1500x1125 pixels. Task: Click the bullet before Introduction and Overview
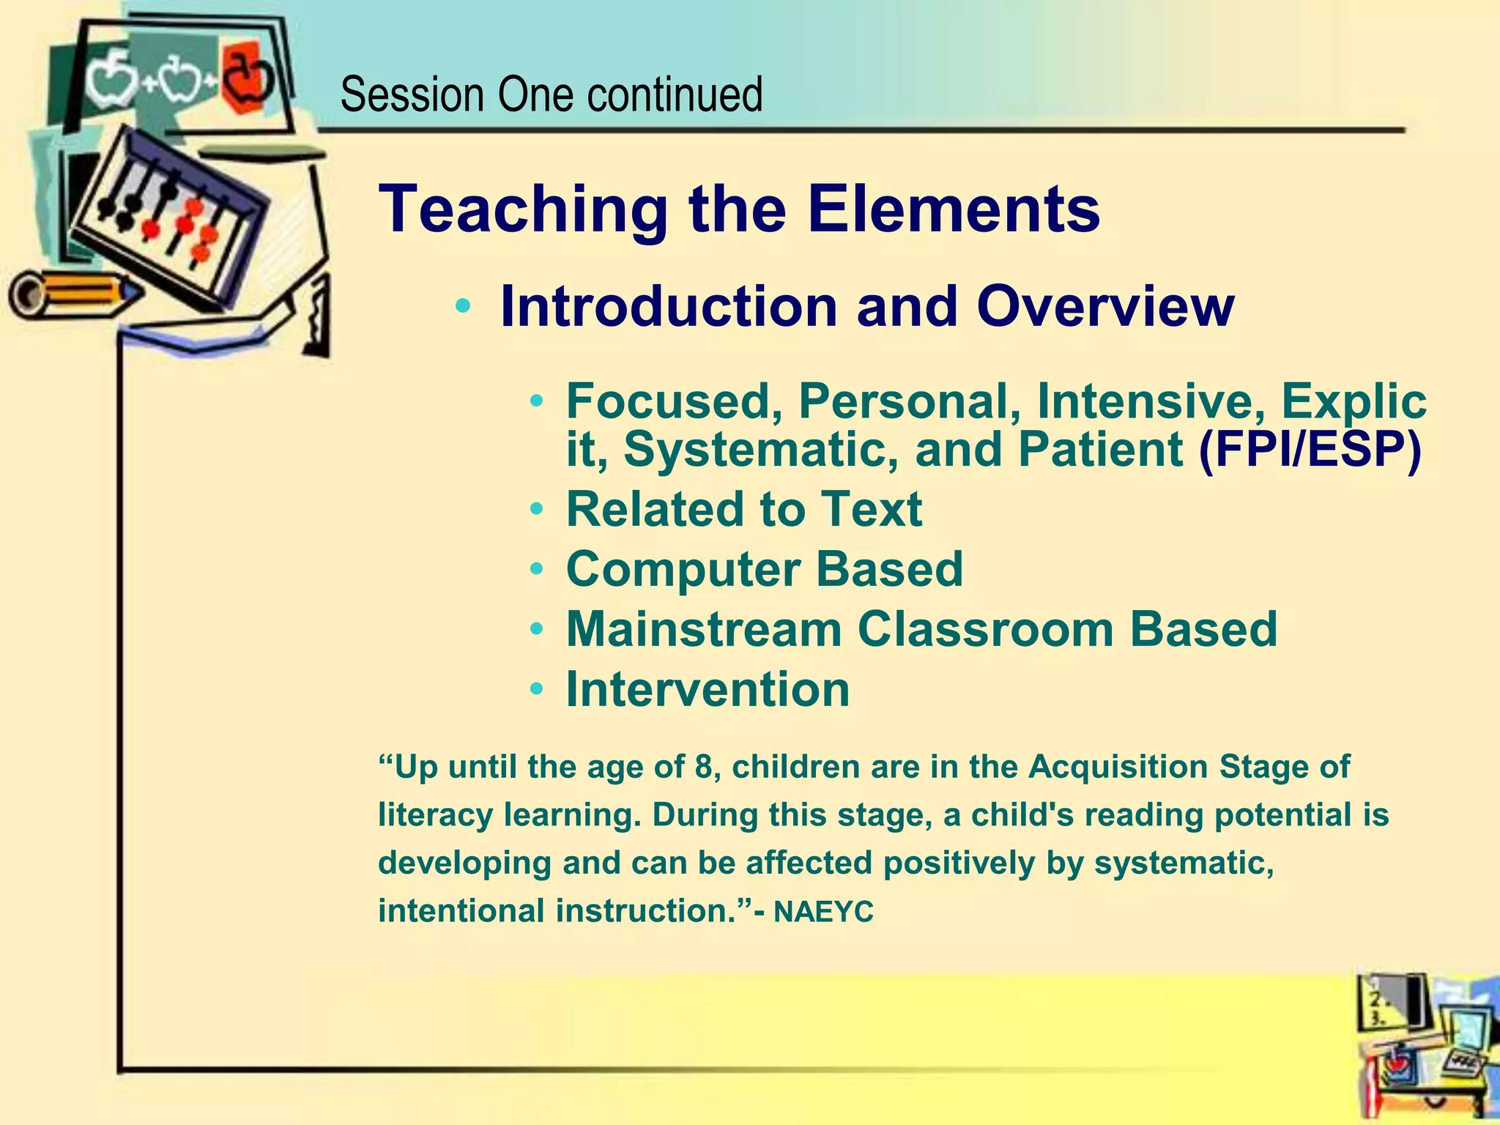462,306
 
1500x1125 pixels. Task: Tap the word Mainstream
703,629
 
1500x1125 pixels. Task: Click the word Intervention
708,689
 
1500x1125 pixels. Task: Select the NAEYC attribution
823,913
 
